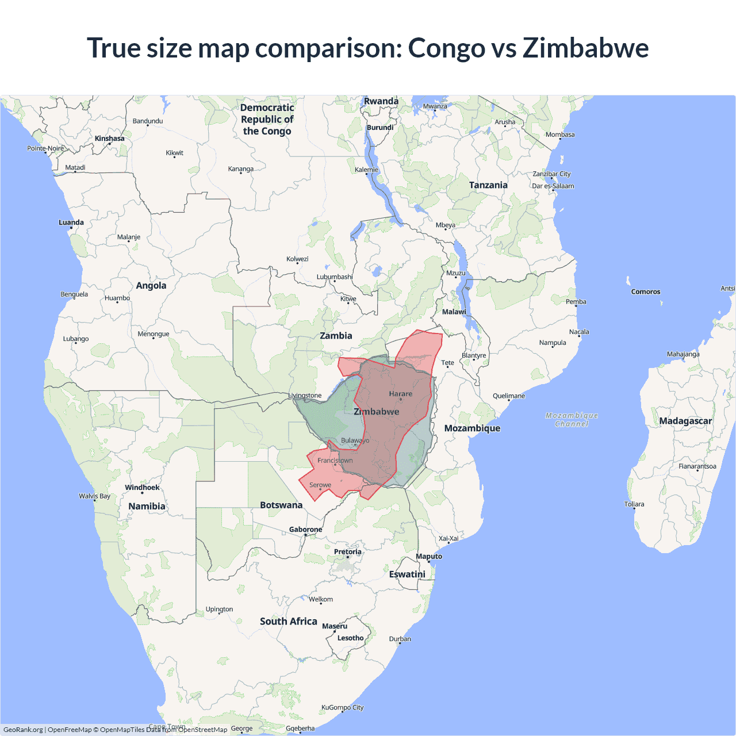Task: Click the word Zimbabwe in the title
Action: [x=585, y=48]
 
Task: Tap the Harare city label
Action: [x=400, y=394]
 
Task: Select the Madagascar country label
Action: [x=685, y=421]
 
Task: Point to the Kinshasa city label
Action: [x=109, y=139]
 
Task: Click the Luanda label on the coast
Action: [x=71, y=223]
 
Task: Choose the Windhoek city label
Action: [x=142, y=488]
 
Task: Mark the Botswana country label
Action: [x=281, y=505]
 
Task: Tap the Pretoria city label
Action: [x=348, y=552]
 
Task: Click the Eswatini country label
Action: [x=407, y=574]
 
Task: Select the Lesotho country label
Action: [x=350, y=638]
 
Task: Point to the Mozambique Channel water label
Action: [x=572, y=420]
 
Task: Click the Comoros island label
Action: [x=646, y=292]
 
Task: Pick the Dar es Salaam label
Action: [x=553, y=186]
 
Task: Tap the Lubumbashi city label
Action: [x=335, y=277]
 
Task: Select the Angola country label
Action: [x=151, y=285]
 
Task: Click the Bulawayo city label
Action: [x=355, y=440]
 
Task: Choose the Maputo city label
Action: [x=429, y=556]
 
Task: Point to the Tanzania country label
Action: [x=488, y=185]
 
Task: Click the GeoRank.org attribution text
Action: [x=23, y=730]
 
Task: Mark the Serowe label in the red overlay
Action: [x=320, y=485]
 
